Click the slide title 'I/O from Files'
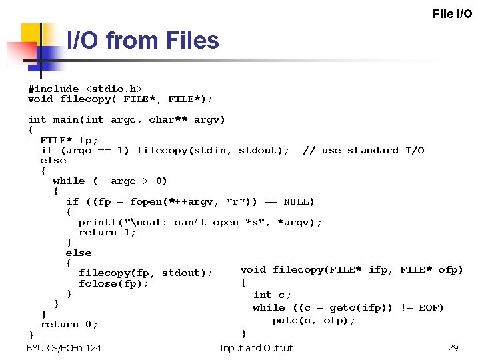143,41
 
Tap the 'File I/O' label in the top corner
452,13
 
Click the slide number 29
453,348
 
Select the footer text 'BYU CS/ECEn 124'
64,348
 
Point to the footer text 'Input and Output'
256,348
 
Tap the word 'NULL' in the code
299,201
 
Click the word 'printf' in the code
97,222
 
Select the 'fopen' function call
146,201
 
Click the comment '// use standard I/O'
363,150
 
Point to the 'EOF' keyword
431,307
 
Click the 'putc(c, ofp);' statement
314,320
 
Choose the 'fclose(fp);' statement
113,283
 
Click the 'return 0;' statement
69,324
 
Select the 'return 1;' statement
107,232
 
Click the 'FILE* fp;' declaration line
69,140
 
